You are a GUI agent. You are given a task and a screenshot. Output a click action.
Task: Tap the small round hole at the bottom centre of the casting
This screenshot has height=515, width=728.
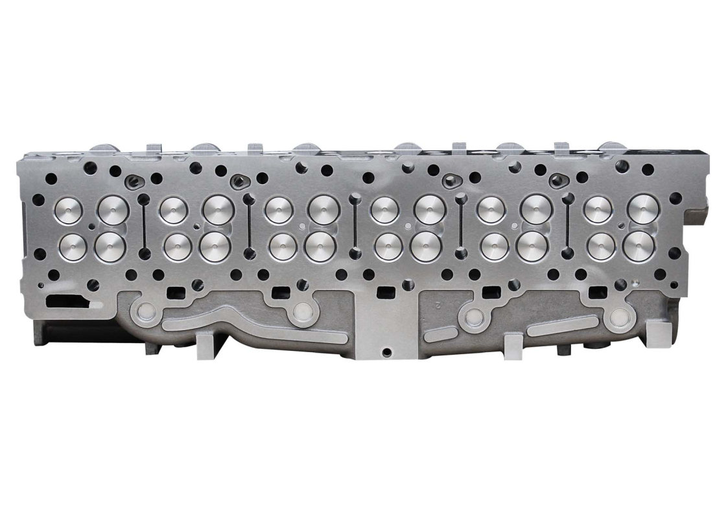[387, 352]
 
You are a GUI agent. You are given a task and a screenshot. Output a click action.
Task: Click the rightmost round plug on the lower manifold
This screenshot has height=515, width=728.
[620, 317]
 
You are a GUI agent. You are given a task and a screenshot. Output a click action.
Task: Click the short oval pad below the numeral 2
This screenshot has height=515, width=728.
[441, 334]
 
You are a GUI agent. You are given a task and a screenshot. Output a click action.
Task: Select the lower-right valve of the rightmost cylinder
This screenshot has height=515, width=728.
[642, 246]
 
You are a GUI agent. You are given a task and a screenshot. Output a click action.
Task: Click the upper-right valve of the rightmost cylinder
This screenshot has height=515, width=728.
[643, 210]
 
